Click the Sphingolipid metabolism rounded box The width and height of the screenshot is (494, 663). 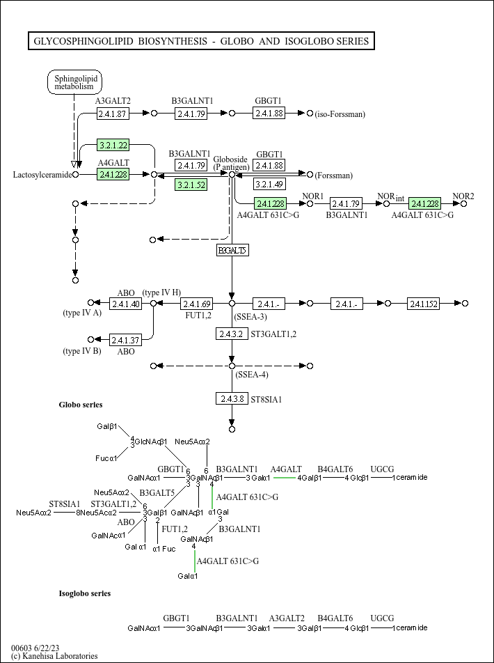pos(74,83)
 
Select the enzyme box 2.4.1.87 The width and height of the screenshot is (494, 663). pos(113,114)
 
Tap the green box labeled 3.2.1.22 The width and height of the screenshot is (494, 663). pos(113,145)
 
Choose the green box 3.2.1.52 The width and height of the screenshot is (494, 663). pos(191,185)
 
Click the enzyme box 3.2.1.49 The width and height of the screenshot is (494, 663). pos(269,185)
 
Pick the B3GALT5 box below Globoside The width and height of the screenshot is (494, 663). pos(232,250)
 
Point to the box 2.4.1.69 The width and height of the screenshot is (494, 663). pos(196,304)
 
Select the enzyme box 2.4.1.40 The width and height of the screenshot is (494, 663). pos(125,304)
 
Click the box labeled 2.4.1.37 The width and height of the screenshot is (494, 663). pos(125,340)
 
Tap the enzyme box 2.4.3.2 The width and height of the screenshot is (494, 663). pos(232,334)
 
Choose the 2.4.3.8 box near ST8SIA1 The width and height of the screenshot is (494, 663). pos(232,398)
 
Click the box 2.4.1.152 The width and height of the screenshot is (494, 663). pos(424,304)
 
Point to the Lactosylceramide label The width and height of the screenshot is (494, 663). pos(42,174)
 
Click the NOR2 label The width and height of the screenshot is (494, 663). pos(463,196)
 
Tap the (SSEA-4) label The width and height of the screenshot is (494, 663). pos(252,375)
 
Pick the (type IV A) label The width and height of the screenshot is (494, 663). pos(82,313)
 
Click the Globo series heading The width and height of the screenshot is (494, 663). pos(81,405)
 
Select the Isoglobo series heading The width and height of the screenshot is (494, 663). pos(85,593)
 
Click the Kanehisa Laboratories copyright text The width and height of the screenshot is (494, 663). pos(54,656)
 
